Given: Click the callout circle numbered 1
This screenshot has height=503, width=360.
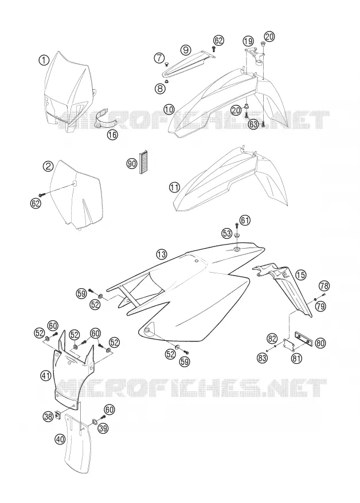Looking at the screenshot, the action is pos(44,60).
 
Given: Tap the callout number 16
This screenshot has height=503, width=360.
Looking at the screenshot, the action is pos(112,135).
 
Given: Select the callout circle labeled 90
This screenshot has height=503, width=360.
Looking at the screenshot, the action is pos(131,164).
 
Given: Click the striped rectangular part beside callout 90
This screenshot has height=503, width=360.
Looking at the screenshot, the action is pos(143,162).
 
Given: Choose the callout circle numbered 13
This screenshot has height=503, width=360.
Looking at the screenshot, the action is pos(162,254).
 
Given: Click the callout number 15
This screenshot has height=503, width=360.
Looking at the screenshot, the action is pos(300,274).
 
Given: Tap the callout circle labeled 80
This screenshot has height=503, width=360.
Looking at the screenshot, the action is pos(320,343).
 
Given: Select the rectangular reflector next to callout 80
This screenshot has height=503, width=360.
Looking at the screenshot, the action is pos(303,339).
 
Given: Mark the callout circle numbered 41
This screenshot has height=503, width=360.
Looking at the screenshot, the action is pos(46,375).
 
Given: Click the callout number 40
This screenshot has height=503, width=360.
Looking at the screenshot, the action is pos(60,439).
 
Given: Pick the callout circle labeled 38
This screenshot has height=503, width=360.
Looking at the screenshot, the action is pos(48,416).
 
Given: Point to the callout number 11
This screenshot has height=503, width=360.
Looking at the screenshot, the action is pos(174,187).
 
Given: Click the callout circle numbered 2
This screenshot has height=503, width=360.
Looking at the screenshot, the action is pos(48,166).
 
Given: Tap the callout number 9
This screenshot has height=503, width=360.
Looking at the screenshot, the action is pos(186,50).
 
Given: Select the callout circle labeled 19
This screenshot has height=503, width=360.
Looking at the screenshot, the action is pos(248,41).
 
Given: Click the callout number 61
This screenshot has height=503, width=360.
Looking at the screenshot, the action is pos(245,221).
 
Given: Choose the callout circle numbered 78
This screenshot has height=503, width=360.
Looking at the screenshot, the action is pos(324,285).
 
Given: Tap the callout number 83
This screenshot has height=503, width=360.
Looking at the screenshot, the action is pos(262,357).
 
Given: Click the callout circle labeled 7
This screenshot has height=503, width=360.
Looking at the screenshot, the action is pos(159,58).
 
